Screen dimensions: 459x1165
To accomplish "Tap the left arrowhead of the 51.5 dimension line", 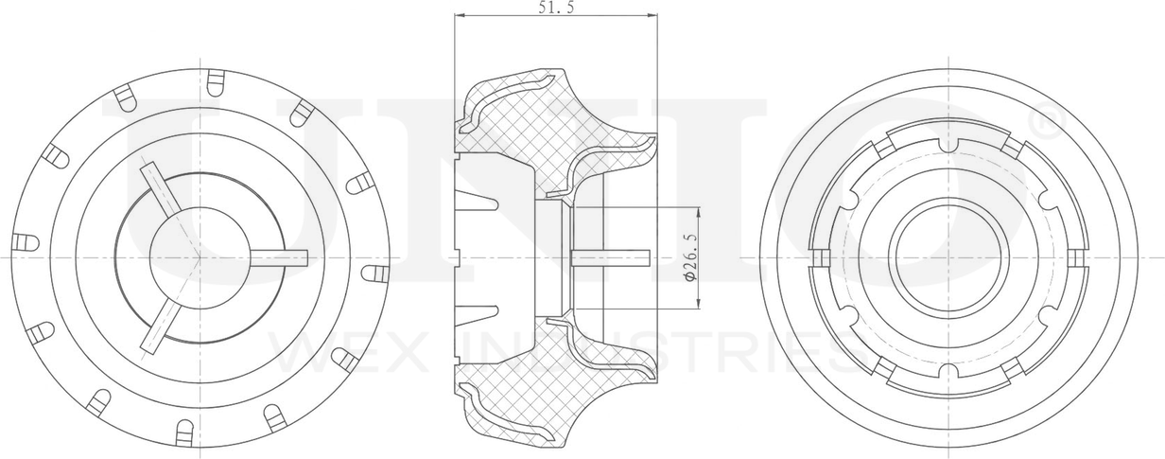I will point(460,16).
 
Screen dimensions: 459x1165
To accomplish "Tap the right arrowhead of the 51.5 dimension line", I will point(652,16).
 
